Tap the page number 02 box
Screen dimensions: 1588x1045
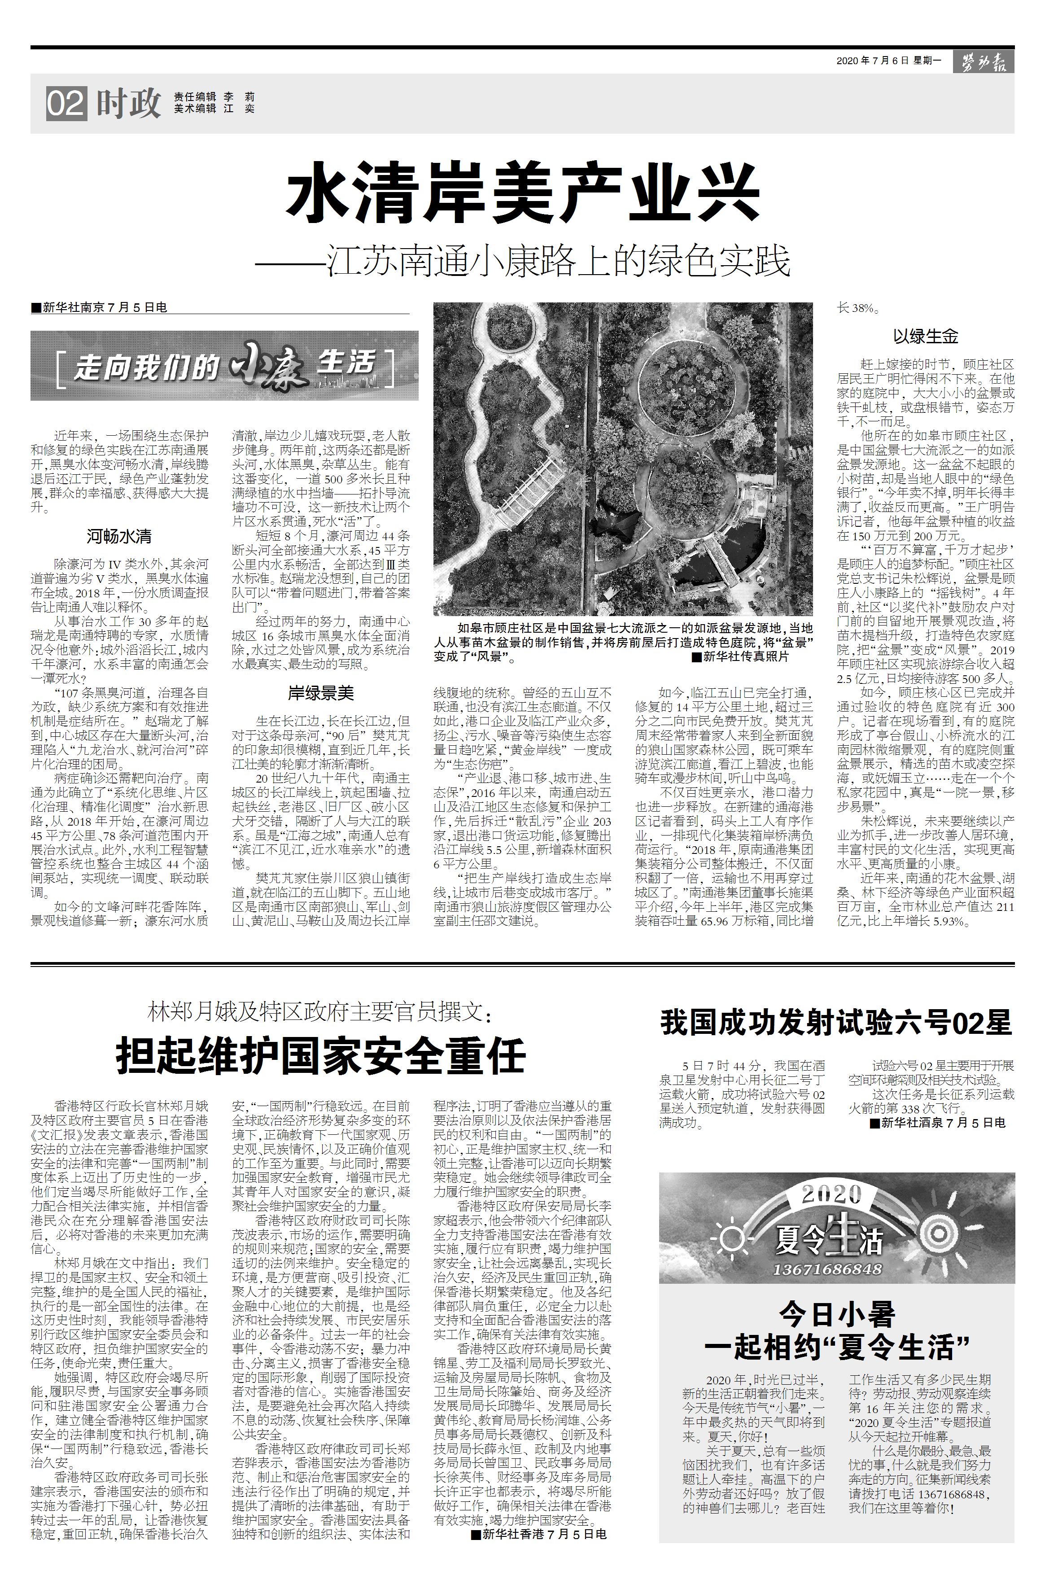pos(66,103)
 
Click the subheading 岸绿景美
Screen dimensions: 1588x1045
pos(321,694)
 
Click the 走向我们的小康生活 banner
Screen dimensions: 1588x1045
pos(224,366)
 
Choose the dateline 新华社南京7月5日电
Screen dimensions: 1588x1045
pos(100,307)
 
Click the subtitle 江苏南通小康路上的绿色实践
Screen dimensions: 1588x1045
pos(559,261)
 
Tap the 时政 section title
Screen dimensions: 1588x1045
pos(128,103)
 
